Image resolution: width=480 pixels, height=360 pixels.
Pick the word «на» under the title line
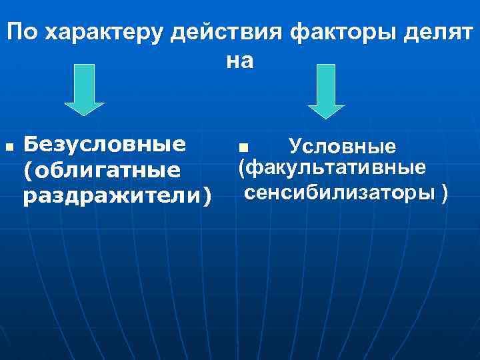[240, 61]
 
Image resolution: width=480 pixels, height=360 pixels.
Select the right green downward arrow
[325, 91]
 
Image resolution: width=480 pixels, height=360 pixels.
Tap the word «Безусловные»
[104, 145]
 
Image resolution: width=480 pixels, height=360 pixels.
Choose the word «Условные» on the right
[343, 145]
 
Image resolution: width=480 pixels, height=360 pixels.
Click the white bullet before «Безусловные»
[7, 145]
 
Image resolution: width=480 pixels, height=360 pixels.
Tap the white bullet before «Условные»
[243, 146]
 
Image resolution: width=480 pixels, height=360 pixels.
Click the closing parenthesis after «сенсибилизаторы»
[445, 193]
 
